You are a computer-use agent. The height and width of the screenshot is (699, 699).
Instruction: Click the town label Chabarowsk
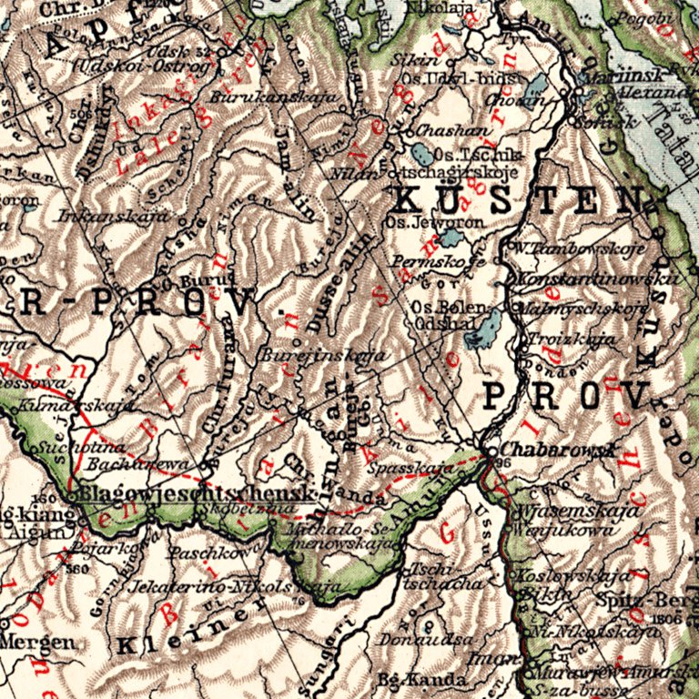pos(546,450)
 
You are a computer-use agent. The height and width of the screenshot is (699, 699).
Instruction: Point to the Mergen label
pos(36,642)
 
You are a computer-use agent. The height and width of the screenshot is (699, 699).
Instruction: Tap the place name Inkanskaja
pos(113,217)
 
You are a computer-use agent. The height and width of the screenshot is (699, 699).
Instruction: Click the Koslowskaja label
pos(572,575)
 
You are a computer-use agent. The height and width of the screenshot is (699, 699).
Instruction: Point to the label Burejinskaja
pos(309,355)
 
